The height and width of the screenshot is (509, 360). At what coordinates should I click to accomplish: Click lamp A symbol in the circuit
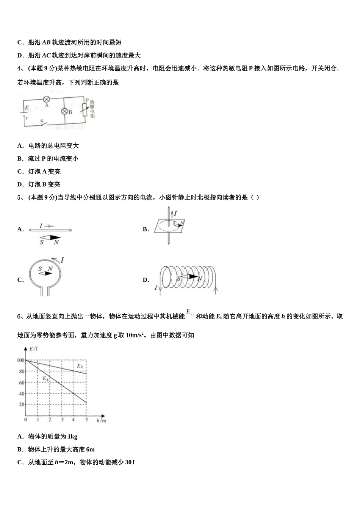click(x=47, y=99)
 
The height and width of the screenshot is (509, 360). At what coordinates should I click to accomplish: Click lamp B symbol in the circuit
click(x=64, y=111)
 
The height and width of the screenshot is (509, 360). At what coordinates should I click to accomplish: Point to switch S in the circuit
click(x=44, y=122)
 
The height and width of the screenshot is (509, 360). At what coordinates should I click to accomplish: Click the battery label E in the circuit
click(x=27, y=108)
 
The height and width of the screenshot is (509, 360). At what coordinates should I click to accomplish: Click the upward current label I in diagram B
click(x=175, y=214)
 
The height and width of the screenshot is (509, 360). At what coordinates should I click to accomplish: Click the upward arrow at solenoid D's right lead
click(x=216, y=290)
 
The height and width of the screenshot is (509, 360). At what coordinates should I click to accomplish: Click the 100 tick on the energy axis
click(x=20, y=360)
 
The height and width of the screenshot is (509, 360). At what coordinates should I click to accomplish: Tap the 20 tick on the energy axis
click(x=22, y=404)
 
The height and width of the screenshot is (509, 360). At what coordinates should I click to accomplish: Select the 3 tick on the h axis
click(x=62, y=420)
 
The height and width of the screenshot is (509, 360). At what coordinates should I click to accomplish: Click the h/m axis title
click(x=101, y=420)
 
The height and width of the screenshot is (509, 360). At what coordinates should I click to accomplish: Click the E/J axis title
click(x=33, y=348)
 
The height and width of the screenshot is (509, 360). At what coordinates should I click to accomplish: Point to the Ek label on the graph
click(x=45, y=378)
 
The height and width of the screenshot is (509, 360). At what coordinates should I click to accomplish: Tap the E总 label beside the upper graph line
click(x=80, y=366)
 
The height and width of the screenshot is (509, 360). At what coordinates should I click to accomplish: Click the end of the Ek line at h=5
click(x=86, y=403)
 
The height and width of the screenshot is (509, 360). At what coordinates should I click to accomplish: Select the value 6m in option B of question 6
click(x=90, y=450)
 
